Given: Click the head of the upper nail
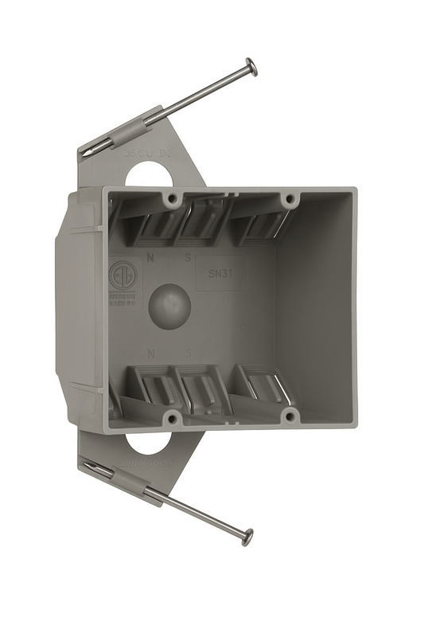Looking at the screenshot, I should tap(251, 67).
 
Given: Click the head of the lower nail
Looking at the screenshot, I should tap(247, 537).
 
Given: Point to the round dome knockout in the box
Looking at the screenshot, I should tap(169, 305).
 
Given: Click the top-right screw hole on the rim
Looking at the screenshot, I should tap(290, 199).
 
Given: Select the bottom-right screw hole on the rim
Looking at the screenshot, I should tap(290, 416).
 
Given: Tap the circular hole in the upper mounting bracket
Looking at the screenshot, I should tap(148, 175).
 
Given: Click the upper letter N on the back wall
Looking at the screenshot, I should tap(150, 258).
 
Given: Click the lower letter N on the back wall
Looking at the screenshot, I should tap(150, 351).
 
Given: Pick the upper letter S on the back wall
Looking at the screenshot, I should tap(188, 258).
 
